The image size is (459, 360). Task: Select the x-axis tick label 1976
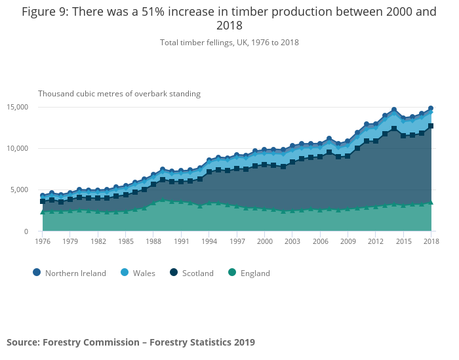pos(42,242)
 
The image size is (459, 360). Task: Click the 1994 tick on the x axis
pos(209,242)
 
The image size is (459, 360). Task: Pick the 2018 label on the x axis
pos(431,242)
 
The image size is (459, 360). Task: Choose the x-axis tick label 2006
pos(320,242)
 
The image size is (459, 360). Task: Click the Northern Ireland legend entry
pos(69,273)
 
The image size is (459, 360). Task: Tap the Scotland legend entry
pos(191,273)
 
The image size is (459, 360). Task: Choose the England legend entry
pos(249,273)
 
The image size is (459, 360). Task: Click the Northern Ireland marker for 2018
pos(431,108)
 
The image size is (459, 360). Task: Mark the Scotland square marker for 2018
pos(431,126)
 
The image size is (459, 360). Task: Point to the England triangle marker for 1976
pos(43,212)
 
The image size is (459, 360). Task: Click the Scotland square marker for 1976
pos(43,201)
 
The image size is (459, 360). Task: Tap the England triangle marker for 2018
pos(431,203)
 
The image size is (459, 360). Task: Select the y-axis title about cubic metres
pos(119,94)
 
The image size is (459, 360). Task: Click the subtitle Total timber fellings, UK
pos(229,43)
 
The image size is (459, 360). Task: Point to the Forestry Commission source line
pos(130,342)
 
